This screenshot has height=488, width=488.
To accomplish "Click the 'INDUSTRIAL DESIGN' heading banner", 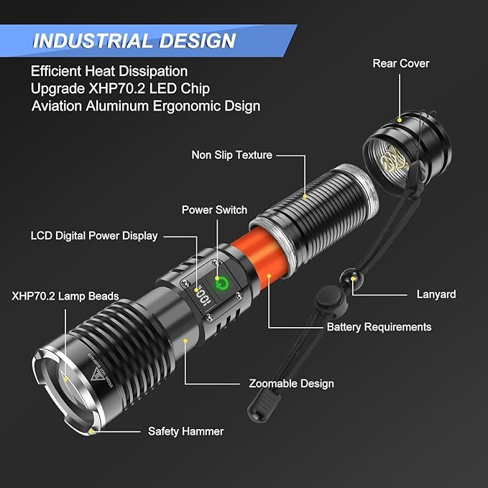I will point(134,40).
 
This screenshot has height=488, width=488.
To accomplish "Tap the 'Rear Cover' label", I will point(400,63).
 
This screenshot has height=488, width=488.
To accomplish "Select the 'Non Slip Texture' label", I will point(231,155).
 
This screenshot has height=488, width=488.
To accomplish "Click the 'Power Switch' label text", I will point(213,210).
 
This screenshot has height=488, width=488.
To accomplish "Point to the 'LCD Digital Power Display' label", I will point(93,235).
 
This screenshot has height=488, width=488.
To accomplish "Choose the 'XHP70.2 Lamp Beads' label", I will point(65,296).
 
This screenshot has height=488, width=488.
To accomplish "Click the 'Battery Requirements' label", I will point(379,326).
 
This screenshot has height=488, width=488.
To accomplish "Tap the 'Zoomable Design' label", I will point(291,383).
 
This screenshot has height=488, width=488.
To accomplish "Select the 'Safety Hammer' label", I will point(185,431).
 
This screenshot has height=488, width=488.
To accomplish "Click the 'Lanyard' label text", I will point(436,294).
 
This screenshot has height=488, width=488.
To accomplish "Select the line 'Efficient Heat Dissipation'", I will point(109,71).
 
